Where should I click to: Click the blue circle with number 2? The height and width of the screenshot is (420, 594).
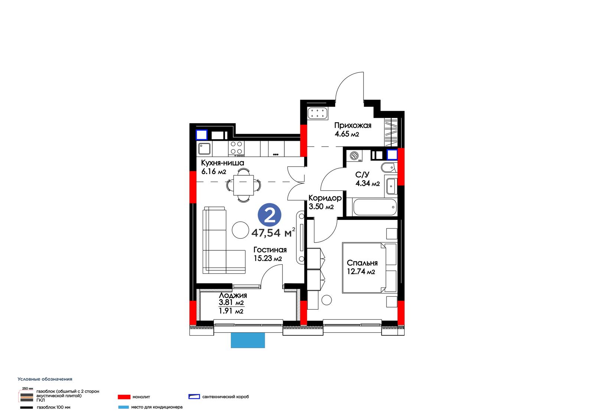[x=270, y=215]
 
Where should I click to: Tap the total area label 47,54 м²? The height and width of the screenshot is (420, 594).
[x=273, y=232]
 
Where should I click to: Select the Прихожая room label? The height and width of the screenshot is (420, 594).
[x=353, y=126]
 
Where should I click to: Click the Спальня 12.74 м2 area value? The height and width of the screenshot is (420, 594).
[x=361, y=272]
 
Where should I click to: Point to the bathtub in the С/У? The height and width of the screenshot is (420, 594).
[x=375, y=207]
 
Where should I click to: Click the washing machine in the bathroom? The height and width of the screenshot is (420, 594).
[x=354, y=156]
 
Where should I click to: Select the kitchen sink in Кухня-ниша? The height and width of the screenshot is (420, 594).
[x=205, y=149]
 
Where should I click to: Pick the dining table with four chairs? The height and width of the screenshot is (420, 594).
[x=244, y=185]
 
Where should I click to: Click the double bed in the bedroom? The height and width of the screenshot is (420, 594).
[x=369, y=268]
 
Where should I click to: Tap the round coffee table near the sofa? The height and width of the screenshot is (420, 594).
[x=240, y=230]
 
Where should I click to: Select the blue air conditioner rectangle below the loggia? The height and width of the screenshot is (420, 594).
[x=248, y=341]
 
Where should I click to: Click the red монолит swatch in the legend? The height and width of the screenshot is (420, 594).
[x=124, y=397]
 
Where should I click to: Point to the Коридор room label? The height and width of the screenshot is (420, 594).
[x=325, y=198]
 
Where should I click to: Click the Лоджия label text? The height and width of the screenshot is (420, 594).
[x=233, y=295]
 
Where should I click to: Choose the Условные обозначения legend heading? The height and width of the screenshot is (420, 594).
[x=45, y=379]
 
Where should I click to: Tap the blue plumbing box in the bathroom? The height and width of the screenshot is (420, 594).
[x=392, y=154]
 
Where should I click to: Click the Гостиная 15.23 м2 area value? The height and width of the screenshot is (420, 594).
[x=268, y=258]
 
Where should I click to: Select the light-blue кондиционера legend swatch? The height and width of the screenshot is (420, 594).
[x=123, y=407]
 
